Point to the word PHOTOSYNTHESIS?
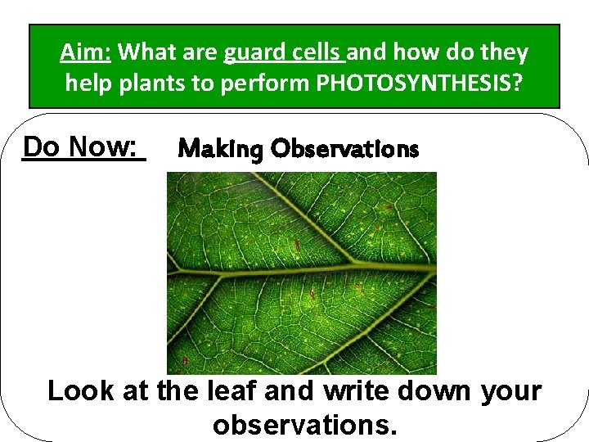coord(434,83)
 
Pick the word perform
coord(257,83)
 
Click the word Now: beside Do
coord(102,147)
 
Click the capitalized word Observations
coord(345,149)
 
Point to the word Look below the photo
coord(79,391)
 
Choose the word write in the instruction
coord(357,391)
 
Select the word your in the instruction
coord(510,391)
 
